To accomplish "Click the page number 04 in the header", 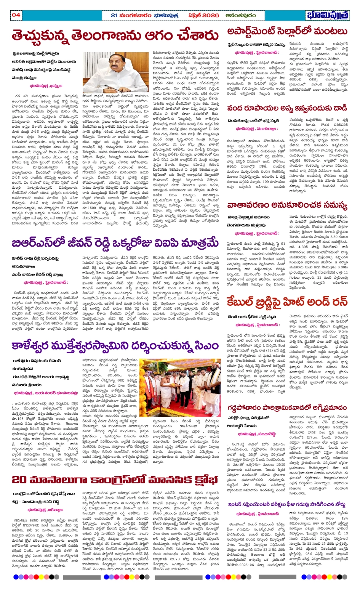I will click(x=16, y=15).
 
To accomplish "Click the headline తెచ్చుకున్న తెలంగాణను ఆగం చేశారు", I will click(x=115, y=36).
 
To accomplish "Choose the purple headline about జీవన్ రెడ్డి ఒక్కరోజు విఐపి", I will click(x=115, y=244).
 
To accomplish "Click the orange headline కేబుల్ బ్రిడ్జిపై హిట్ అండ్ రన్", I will click(x=287, y=302).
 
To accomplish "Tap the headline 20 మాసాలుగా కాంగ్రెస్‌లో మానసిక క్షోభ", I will click(x=114, y=479).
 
